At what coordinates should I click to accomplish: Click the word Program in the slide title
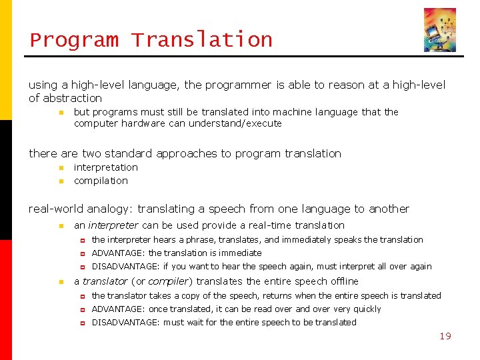point(74,40)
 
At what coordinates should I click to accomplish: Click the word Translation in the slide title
point(201,40)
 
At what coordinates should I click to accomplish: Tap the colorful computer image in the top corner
point(440,30)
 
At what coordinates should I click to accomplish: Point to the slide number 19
point(445,336)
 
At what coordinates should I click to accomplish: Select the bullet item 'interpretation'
point(105,167)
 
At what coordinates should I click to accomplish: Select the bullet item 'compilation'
point(101,181)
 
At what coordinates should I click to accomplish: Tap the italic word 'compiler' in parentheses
point(168,281)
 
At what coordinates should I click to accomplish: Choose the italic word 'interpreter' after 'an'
point(113,225)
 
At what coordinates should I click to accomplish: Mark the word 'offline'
point(343,281)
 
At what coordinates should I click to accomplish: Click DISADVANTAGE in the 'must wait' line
point(125,322)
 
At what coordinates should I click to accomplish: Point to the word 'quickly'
point(366,309)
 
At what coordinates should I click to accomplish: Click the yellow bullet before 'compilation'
point(60,181)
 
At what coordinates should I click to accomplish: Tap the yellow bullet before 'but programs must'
point(60,113)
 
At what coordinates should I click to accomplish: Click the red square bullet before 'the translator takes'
point(83,296)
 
